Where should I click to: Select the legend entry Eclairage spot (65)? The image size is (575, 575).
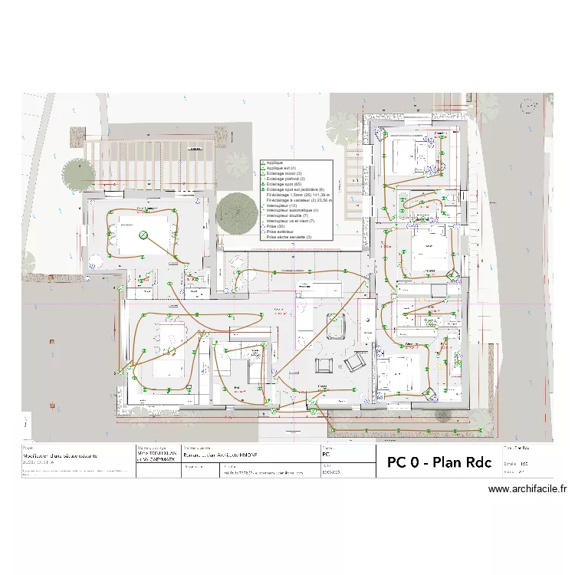[284, 184]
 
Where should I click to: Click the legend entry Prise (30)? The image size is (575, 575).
[273, 227]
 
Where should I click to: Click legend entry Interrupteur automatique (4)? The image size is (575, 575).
[292, 211]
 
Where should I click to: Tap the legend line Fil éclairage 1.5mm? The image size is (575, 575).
[294, 195]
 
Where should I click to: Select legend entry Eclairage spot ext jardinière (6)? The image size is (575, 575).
[295, 189]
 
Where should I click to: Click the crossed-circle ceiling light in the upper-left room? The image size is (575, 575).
[143, 235]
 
